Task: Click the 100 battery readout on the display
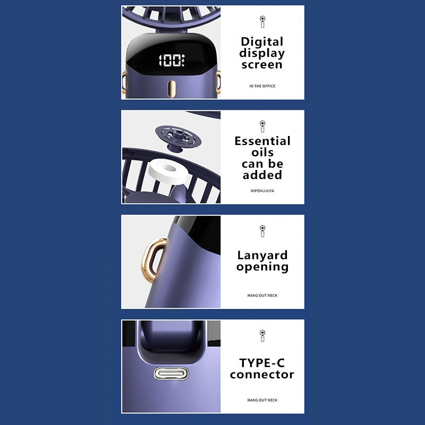(172, 60)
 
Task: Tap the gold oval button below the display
(171, 89)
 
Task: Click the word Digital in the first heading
(262, 42)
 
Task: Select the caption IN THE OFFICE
(262, 86)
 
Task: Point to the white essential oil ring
(168, 171)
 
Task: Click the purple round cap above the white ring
(178, 138)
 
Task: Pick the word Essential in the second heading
(262, 141)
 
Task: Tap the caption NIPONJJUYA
(262, 191)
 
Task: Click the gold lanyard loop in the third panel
(154, 260)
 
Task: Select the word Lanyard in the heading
(262, 256)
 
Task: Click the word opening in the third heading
(262, 267)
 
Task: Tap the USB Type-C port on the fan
(171, 373)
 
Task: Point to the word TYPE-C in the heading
(262, 363)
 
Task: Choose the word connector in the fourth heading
(262, 375)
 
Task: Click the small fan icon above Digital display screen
(262, 22)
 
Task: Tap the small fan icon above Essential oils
(262, 126)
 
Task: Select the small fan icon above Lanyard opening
(262, 231)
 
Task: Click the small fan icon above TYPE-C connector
(262, 336)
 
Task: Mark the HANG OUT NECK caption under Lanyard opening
(262, 295)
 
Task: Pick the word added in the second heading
(262, 175)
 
